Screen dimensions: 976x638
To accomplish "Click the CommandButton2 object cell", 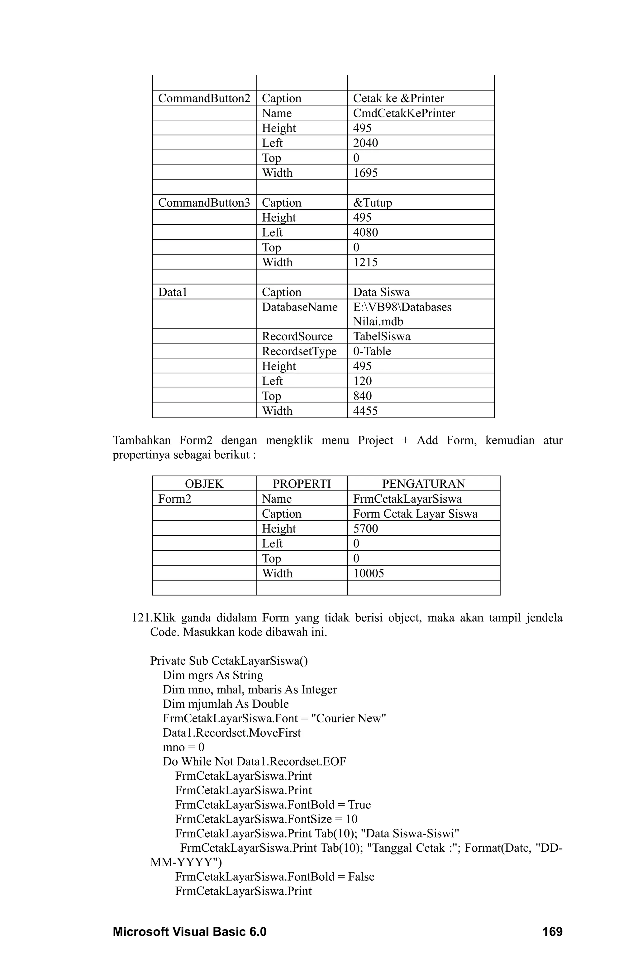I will [204, 98].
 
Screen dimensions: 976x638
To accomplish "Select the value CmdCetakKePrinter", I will [404, 113].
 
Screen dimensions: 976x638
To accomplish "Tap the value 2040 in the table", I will [365, 143].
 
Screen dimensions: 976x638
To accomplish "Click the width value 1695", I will [365, 173].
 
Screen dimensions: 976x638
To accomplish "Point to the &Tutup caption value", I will [372, 203].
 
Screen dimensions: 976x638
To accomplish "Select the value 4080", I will [365, 232].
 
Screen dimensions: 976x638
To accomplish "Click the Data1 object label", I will [173, 292].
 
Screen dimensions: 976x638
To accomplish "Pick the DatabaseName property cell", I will [300, 307].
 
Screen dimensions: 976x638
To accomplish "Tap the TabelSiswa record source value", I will [381, 336].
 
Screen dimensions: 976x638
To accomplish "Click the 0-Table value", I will [372, 351].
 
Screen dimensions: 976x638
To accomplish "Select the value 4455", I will [365, 410].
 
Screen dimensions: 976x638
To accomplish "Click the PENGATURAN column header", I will [424, 484].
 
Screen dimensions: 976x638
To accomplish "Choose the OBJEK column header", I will [204, 484].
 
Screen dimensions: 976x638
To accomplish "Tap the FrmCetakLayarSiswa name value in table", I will [407, 499].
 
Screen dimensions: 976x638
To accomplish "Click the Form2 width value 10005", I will [368, 573].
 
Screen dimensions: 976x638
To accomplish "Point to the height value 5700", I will [365, 528].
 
